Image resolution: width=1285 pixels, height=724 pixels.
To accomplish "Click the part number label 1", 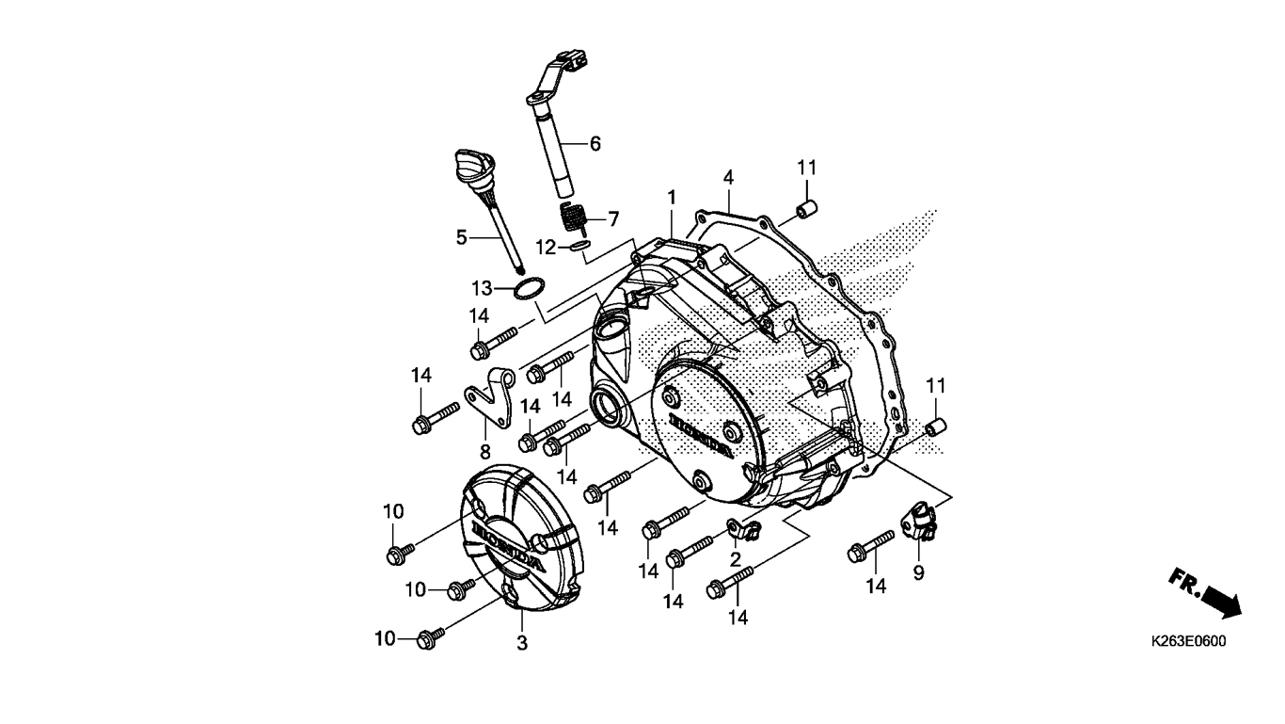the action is click(x=671, y=198).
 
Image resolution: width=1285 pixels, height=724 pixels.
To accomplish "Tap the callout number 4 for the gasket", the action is click(x=728, y=177).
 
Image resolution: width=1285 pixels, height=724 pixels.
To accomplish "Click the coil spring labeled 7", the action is click(x=573, y=218).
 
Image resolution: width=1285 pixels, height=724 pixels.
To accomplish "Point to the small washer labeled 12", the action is click(x=579, y=247).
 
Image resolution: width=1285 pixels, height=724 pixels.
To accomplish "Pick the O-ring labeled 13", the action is click(x=529, y=288).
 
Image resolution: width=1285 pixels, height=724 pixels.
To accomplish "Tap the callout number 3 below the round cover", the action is click(x=521, y=643).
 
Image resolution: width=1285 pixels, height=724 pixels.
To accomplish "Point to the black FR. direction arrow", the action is click(x=1223, y=600).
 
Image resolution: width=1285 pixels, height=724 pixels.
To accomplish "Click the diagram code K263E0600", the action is click(x=1188, y=641).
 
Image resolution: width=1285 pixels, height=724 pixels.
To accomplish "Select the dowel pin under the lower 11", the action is click(x=936, y=427).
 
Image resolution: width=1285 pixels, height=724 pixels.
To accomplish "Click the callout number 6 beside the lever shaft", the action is click(x=595, y=143).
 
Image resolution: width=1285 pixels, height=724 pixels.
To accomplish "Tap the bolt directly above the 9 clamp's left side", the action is click(x=870, y=547).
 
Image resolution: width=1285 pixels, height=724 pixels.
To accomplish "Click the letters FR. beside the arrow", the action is click(x=1185, y=582).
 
